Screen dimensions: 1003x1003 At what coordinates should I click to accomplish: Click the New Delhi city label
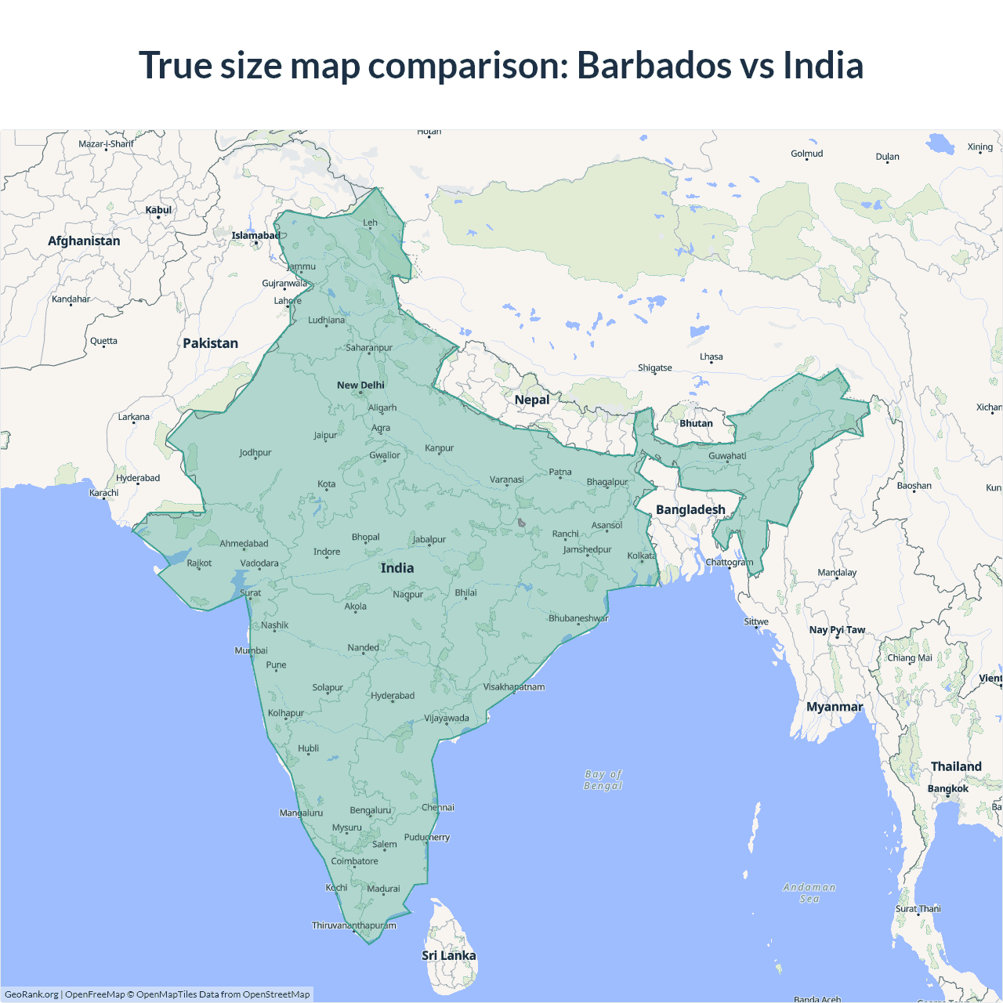pyautogui.click(x=360, y=385)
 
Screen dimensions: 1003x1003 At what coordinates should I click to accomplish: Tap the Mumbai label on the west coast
pyautogui.click(x=251, y=650)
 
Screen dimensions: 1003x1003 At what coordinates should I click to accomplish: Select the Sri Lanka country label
pyautogui.click(x=448, y=955)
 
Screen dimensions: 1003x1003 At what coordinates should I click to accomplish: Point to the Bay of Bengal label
pyautogui.click(x=603, y=780)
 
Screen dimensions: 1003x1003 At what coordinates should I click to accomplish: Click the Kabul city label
pyautogui.click(x=158, y=210)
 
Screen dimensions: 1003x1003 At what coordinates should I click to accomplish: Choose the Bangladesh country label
pyautogui.click(x=690, y=509)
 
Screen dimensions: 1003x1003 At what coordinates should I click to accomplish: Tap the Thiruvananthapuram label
pyautogui.click(x=354, y=925)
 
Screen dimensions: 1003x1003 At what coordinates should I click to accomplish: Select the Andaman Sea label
pyautogui.click(x=809, y=893)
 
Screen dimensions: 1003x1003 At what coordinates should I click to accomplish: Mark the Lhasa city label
pyautogui.click(x=712, y=357)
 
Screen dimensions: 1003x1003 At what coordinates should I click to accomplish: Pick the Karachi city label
pyautogui.click(x=104, y=493)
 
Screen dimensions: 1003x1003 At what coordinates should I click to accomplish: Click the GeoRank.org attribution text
pyautogui.click(x=31, y=994)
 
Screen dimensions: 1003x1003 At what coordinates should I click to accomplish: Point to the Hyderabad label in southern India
pyautogui.click(x=393, y=696)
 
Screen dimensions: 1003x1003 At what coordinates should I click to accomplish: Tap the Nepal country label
pyautogui.click(x=532, y=400)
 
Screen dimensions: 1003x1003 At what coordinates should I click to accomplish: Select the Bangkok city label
pyautogui.click(x=948, y=788)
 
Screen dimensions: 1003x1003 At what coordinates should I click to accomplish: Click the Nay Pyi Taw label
pyautogui.click(x=837, y=630)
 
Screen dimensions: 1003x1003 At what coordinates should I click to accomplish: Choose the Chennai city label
pyautogui.click(x=438, y=807)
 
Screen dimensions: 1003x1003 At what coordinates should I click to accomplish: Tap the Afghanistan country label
pyautogui.click(x=84, y=241)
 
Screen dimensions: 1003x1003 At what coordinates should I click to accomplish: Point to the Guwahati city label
pyautogui.click(x=727, y=456)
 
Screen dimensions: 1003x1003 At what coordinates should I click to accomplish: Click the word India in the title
pyautogui.click(x=823, y=65)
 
